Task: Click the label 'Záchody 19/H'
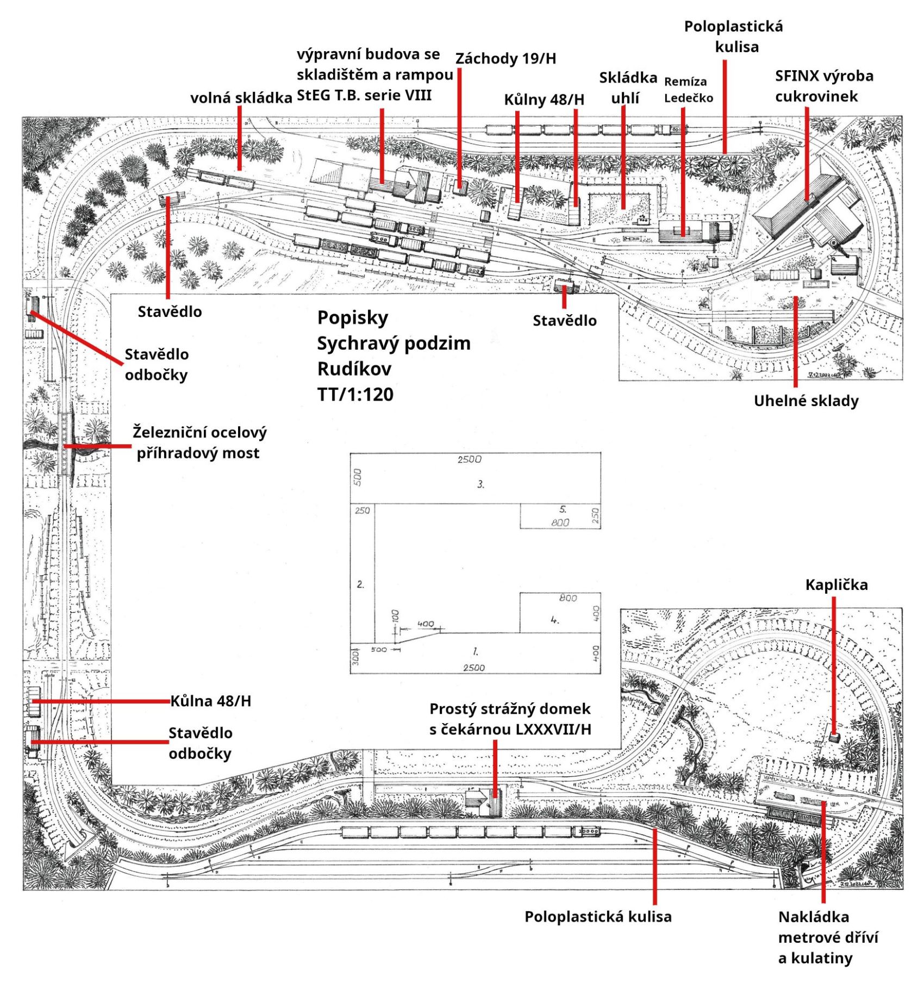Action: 505,58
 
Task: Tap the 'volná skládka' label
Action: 241,98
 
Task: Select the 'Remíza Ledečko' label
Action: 688,90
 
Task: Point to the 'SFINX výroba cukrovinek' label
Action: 824,86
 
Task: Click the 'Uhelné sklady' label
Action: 806,401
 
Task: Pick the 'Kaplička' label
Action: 836,585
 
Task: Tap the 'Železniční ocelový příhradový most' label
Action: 199,443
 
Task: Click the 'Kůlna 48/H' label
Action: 211,701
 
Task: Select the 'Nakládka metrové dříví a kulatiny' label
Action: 828,937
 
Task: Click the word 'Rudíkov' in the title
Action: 354,369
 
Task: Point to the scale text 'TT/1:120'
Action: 355,394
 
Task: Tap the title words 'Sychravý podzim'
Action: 394,343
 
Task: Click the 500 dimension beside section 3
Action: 357,477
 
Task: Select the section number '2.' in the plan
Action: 360,584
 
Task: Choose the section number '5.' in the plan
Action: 563,509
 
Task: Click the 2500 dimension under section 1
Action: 473,668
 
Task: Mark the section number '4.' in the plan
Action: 554,619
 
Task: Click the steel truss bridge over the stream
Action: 67,443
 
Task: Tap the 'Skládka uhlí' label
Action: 628,88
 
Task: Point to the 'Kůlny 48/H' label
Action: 544,99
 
